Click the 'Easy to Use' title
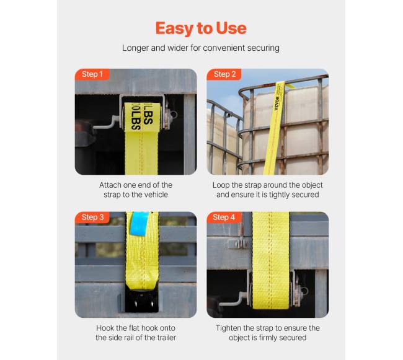201,29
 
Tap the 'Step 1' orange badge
92,74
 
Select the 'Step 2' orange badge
224,74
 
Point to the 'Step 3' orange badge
92,217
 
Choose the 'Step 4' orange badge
224,217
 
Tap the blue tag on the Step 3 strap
139,224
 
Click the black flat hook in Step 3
141,300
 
